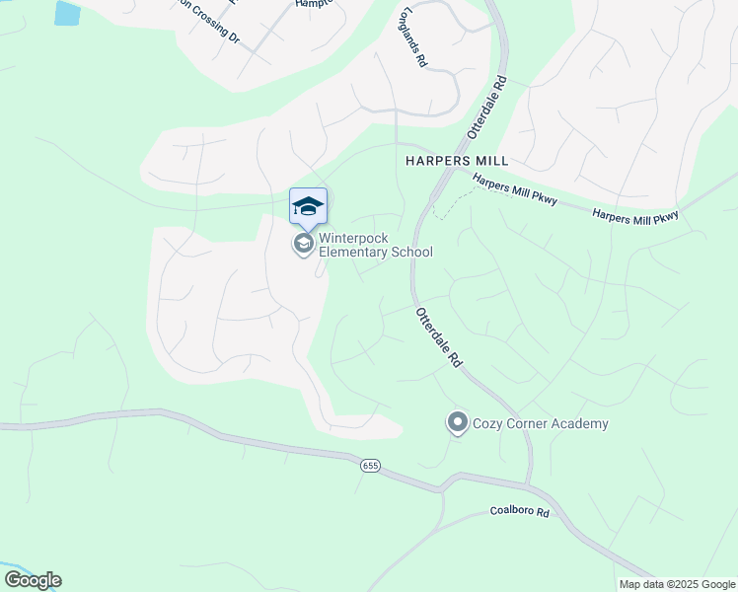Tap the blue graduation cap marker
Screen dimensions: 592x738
(x=308, y=205)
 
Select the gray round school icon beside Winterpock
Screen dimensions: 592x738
(x=304, y=244)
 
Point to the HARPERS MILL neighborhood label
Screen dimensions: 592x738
(x=457, y=161)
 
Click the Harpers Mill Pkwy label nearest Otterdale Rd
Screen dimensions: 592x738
(x=514, y=190)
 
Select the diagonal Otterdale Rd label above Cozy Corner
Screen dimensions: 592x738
(x=439, y=337)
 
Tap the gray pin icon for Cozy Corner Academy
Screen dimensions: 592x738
(x=457, y=423)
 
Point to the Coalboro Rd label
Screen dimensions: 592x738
(x=519, y=512)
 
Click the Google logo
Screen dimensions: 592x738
(x=32, y=580)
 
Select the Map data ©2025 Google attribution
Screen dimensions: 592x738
(x=677, y=584)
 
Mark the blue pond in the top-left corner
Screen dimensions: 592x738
(x=67, y=13)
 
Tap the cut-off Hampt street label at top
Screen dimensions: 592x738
(x=316, y=4)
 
